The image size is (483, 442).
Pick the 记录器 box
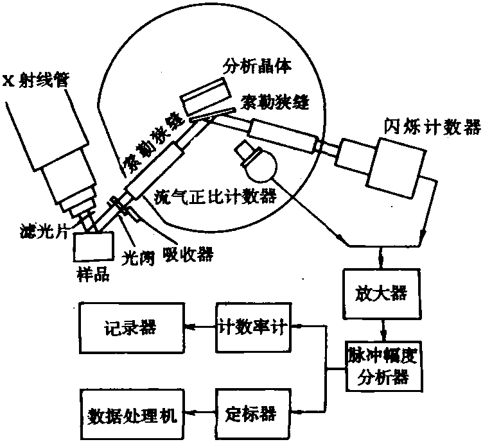[131, 328]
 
